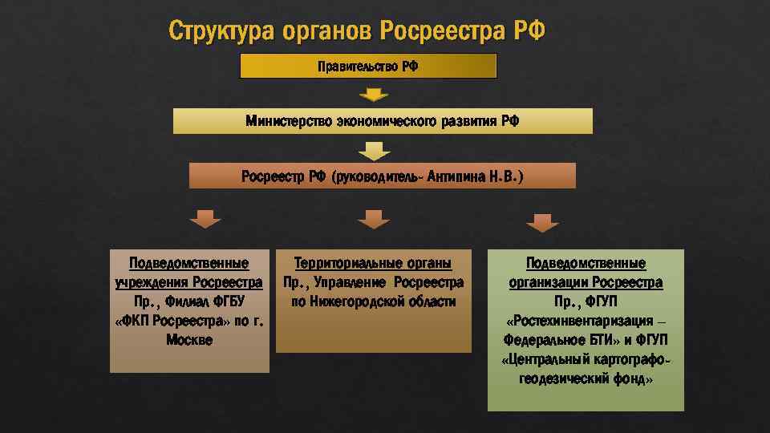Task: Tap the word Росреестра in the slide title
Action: [440, 31]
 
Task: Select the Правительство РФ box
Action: [368, 66]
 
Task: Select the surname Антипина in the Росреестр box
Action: [456, 176]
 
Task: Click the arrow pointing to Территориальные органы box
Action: [373, 219]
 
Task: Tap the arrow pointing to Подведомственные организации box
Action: [543, 222]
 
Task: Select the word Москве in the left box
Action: [189, 339]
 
